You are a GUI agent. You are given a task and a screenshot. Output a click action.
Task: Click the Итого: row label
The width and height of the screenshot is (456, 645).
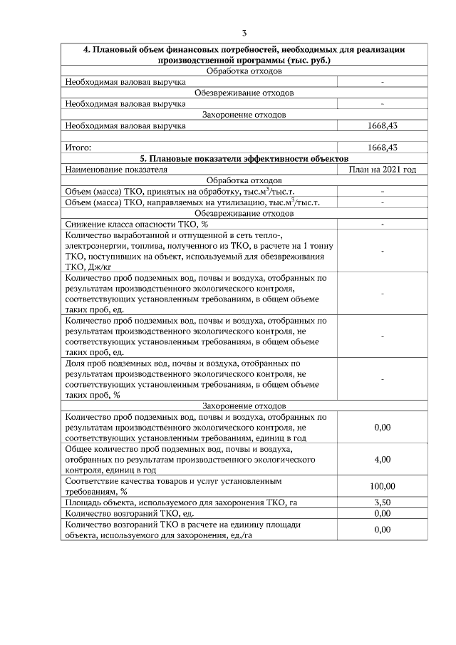point(78,148)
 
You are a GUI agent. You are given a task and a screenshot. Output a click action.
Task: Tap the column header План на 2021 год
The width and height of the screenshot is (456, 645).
point(382,170)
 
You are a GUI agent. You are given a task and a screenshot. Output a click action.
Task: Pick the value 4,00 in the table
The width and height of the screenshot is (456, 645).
point(382,460)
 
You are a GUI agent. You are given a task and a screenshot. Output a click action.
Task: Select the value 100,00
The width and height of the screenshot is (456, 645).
point(382,486)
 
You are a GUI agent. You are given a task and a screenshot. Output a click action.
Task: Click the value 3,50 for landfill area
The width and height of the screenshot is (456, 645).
point(382,502)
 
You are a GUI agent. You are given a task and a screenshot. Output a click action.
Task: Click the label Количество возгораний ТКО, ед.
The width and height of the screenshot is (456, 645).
point(130,513)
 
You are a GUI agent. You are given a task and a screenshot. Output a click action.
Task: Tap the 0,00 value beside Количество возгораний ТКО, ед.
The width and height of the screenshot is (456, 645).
point(382,513)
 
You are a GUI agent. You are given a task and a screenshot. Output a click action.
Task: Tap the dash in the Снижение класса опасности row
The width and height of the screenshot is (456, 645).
point(383,224)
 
